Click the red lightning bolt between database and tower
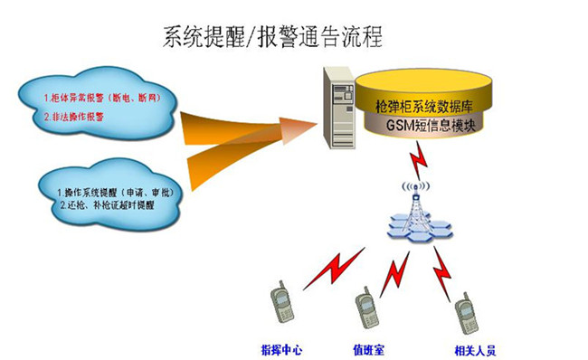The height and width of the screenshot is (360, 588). pyautogui.click(x=419, y=163)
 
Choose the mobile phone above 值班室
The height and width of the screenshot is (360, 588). pyautogui.click(x=365, y=308)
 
